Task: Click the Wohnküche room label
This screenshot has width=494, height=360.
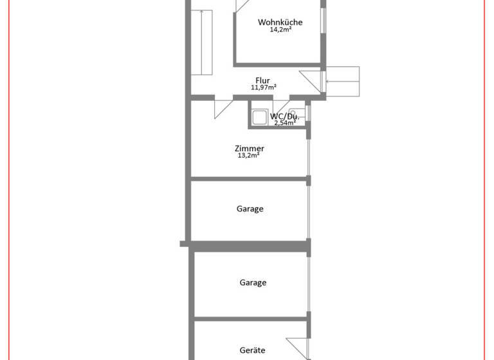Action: click(280, 22)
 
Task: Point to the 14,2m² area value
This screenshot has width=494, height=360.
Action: click(280, 30)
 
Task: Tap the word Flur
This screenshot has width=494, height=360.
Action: click(262, 80)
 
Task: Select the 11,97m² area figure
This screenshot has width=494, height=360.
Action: click(263, 87)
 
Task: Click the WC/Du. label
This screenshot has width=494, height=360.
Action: click(284, 116)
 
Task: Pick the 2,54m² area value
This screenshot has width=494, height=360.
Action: click(284, 123)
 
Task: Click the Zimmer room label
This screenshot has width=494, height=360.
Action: click(250, 148)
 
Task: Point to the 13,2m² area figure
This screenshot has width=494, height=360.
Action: click(249, 156)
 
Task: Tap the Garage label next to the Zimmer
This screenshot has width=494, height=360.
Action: click(250, 209)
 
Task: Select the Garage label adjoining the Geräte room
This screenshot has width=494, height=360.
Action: click(253, 282)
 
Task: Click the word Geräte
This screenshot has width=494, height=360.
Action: click(252, 350)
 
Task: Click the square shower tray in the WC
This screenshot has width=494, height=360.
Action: click(260, 117)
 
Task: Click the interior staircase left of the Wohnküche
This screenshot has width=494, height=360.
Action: click(203, 42)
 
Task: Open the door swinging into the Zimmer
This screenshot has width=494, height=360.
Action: click(223, 107)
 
